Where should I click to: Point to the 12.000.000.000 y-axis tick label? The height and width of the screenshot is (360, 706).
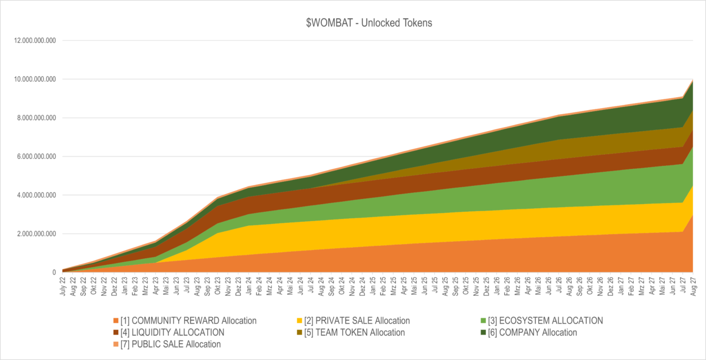click(30, 41)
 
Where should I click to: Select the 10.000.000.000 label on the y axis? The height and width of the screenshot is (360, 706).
click(30, 79)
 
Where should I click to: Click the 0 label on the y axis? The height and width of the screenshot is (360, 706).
click(54, 272)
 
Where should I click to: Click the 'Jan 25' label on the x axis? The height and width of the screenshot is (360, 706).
click(373, 286)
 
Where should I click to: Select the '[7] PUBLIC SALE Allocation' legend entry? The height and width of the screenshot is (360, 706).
click(171, 344)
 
